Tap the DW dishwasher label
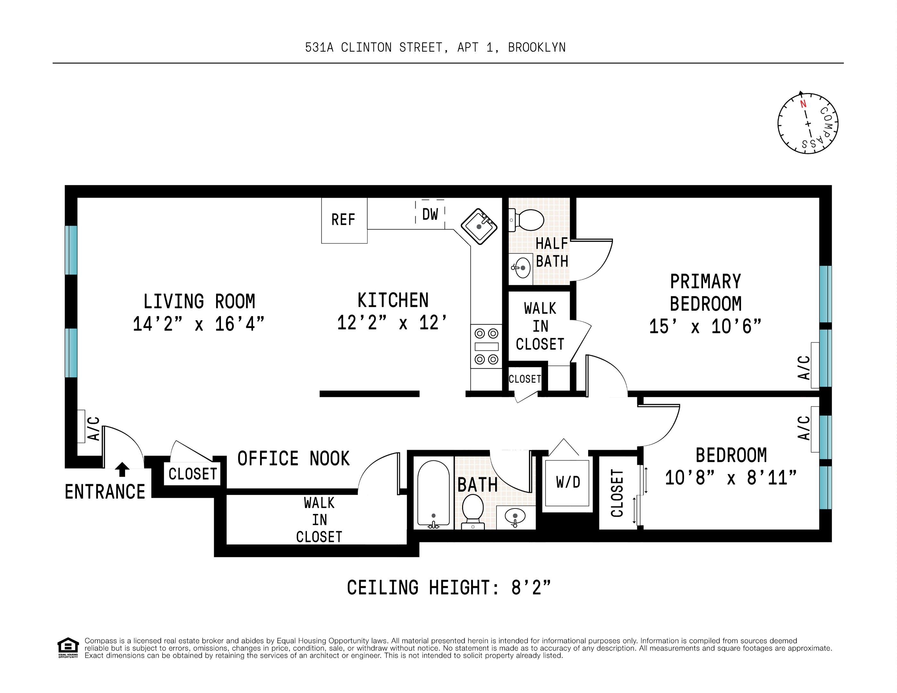430,214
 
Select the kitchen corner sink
479,226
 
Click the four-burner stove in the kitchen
486,346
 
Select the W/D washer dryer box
568,483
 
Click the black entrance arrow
122,469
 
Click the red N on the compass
803,104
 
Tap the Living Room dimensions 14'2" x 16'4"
199,324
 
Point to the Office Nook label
293,458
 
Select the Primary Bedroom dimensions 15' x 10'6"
705,327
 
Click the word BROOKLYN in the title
537,48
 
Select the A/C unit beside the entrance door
81,426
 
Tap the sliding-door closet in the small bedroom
617,493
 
